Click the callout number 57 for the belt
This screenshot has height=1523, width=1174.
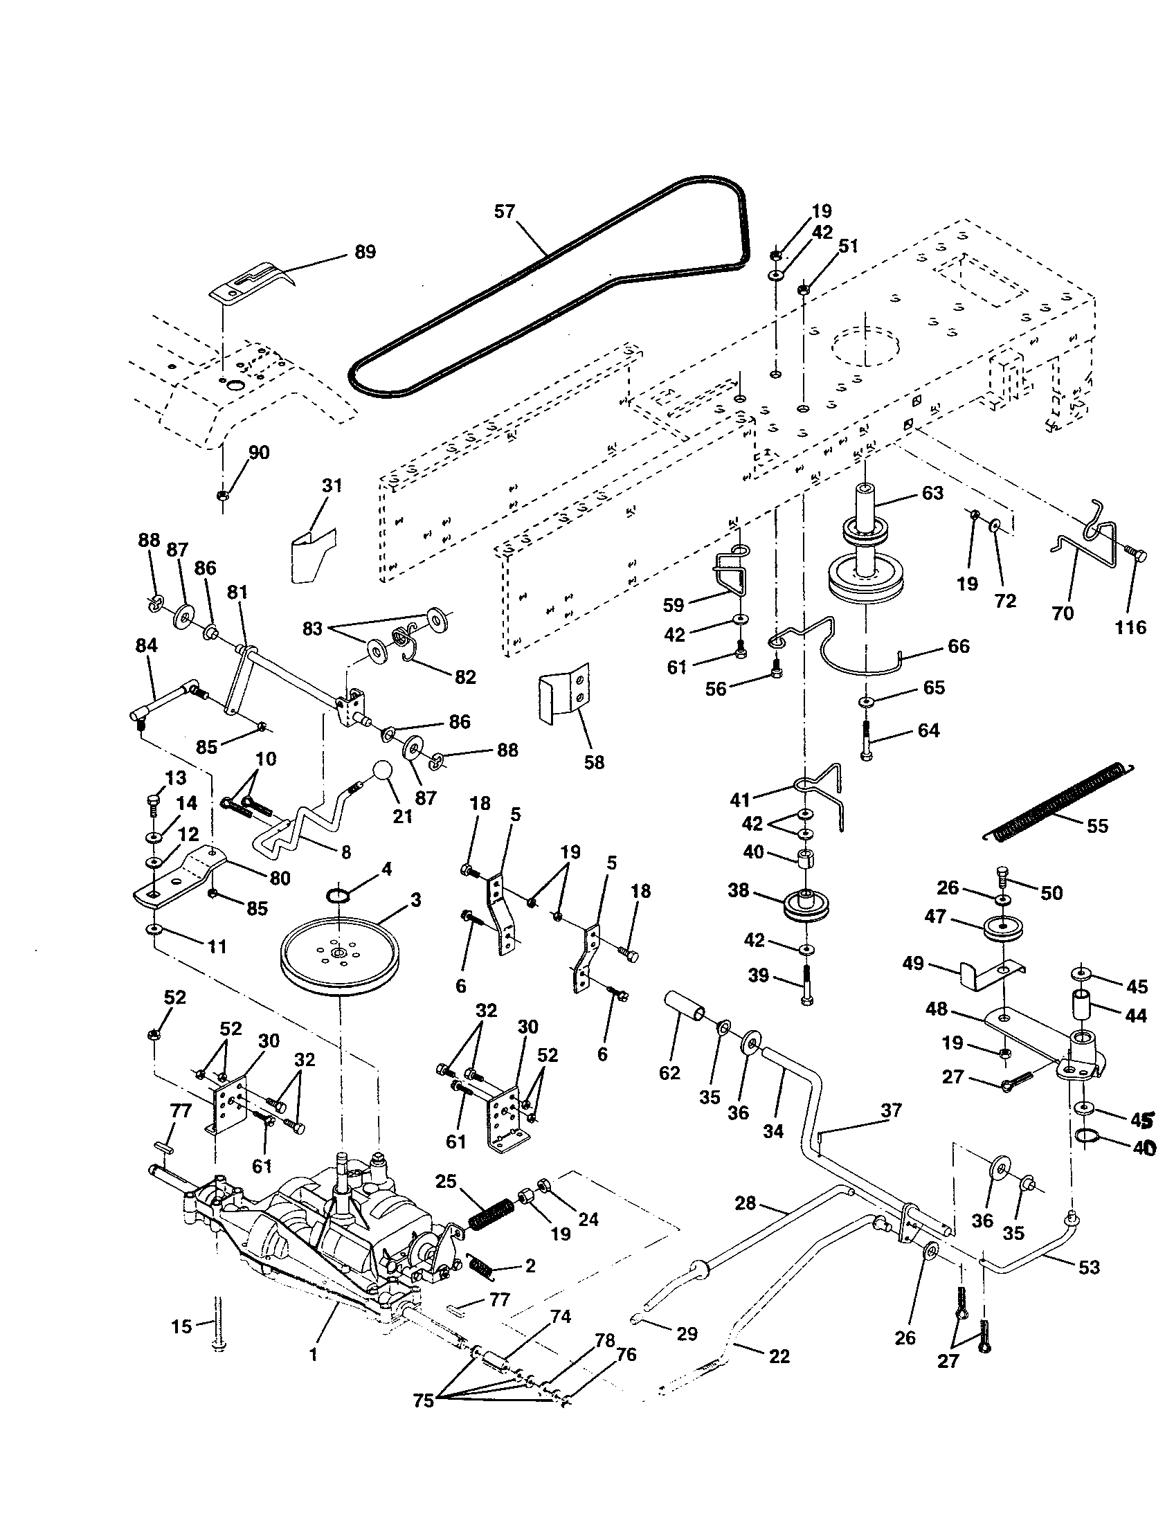point(504,210)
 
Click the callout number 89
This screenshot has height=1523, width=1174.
point(365,252)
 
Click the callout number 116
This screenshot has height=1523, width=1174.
point(1130,627)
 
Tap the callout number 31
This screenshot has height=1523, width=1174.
point(332,485)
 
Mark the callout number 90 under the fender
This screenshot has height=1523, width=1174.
point(259,452)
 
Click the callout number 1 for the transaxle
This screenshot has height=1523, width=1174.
point(313,1354)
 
